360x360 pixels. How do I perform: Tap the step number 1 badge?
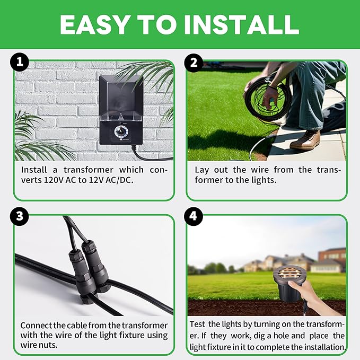click(20, 63)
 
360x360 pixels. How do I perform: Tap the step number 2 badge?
click(193, 63)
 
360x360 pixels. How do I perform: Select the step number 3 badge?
click(20, 217)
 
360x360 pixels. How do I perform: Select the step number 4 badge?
click(193, 217)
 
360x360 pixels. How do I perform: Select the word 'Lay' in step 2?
click(201, 170)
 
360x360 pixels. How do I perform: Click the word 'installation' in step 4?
click(323, 348)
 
